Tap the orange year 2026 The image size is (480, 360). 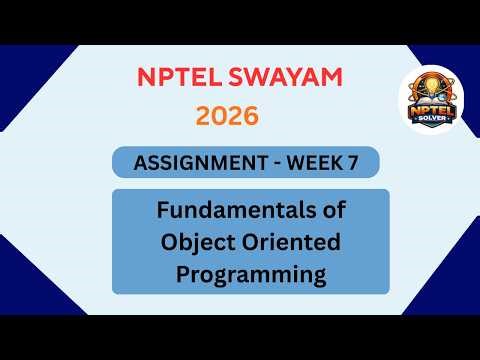tap(227, 116)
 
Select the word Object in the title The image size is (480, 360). tap(200, 241)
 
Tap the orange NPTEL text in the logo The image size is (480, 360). tap(437, 110)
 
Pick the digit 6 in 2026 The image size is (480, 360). tap(250, 116)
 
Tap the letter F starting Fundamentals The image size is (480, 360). tap(163, 212)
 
